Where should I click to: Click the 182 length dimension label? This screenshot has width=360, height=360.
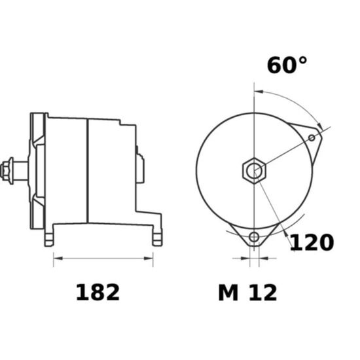98,293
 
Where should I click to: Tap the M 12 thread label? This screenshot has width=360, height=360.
247,293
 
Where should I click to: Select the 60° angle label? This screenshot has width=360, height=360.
287,65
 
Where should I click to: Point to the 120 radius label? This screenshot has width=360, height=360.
312,242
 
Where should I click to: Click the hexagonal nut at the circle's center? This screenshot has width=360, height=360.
254,170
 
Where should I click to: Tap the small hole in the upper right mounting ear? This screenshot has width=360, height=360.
312,137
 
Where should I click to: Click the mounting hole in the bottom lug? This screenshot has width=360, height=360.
254,237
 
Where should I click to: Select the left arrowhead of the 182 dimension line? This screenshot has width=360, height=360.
58,259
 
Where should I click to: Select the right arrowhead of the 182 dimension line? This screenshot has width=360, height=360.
149,259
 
